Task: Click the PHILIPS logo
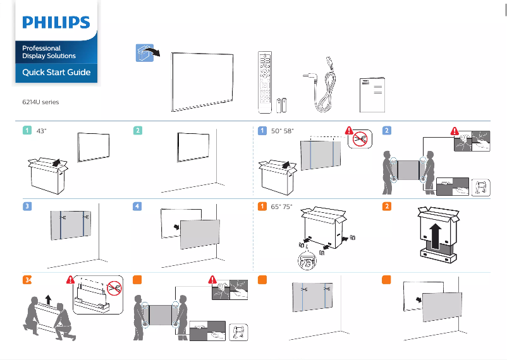point(56,23)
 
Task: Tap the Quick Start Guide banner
point(56,73)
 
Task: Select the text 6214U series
point(40,101)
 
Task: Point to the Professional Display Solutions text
point(49,52)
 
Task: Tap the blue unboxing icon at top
point(145,53)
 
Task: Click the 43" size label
point(42,131)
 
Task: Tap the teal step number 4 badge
point(137,207)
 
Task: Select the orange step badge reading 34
point(27,280)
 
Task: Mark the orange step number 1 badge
point(261,207)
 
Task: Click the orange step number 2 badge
point(386,207)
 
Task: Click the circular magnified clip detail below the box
point(307,261)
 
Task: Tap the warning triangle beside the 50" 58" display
point(350,131)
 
